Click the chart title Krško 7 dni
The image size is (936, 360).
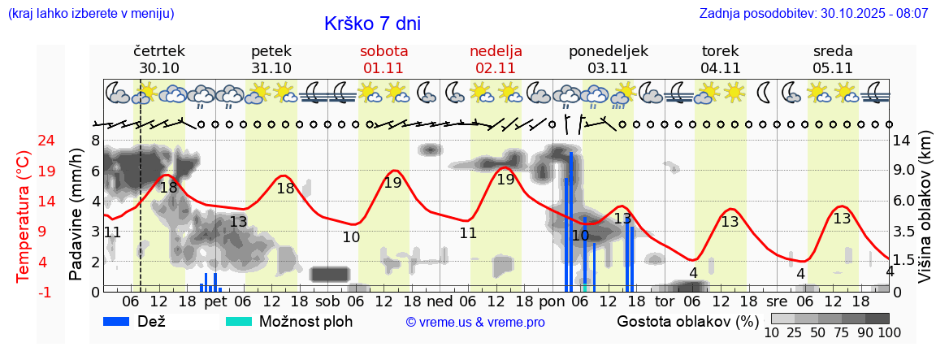click(372, 24)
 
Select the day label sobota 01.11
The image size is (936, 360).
click(383, 59)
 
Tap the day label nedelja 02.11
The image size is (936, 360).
click(496, 59)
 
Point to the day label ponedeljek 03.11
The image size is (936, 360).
click(608, 59)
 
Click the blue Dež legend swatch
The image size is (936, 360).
click(122, 321)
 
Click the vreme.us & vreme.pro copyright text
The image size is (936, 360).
click(475, 322)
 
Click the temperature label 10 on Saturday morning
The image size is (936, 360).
click(351, 237)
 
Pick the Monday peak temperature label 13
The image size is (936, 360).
click(622, 218)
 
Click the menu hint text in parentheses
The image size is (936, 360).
click(90, 14)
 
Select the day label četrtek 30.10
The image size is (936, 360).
click(159, 59)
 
